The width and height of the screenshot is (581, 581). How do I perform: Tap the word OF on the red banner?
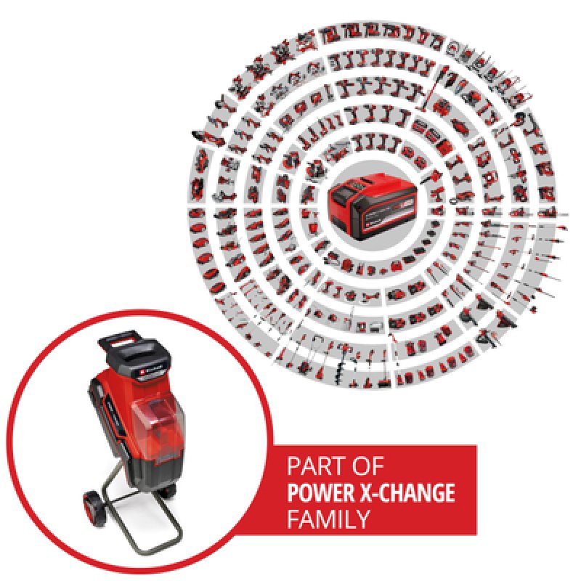click(365, 466)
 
